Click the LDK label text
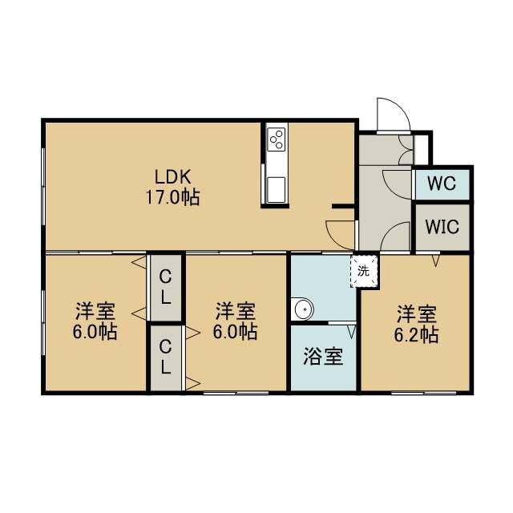(x=172, y=177)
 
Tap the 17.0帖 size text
(x=172, y=197)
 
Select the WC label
(x=442, y=184)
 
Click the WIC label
(x=442, y=226)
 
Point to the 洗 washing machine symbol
(x=364, y=271)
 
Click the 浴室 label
(x=323, y=356)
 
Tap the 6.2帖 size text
(x=416, y=335)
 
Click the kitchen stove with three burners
(x=276, y=139)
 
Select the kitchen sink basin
(x=276, y=190)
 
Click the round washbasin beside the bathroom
(x=304, y=309)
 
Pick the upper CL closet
(x=166, y=288)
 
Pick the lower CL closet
(x=166, y=357)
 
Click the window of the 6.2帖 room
(x=424, y=393)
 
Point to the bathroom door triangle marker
(x=351, y=331)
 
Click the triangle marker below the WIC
(x=435, y=261)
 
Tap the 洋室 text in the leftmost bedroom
(x=95, y=311)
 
